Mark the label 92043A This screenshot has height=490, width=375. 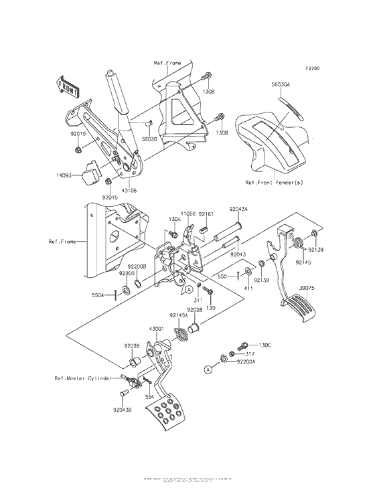(x=239, y=209)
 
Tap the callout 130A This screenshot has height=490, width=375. (x=175, y=219)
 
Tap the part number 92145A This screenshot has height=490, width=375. (x=178, y=315)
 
